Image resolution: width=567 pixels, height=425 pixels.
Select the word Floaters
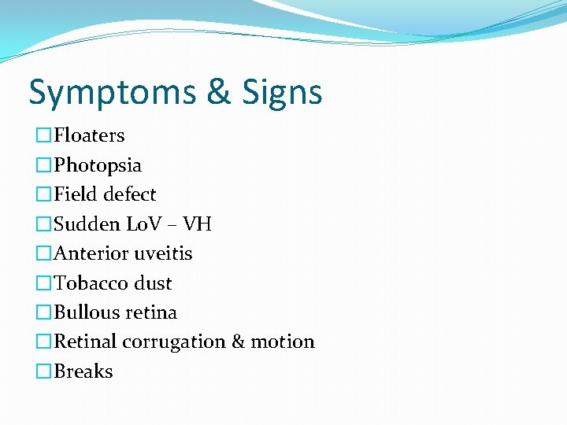click(89, 135)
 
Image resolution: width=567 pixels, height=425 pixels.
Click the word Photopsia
click(98, 165)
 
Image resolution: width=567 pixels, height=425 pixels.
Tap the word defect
click(131, 194)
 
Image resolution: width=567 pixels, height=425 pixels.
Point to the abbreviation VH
click(197, 224)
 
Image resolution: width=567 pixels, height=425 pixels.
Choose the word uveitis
click(163, 253)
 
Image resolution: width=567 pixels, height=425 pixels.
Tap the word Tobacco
click(89, 283)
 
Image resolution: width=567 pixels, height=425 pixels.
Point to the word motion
click(283, 342)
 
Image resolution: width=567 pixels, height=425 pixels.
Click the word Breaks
click(83, 371)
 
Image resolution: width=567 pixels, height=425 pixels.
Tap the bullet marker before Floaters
click(44, 136)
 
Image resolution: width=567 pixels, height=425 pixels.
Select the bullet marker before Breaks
click(44, 372)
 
